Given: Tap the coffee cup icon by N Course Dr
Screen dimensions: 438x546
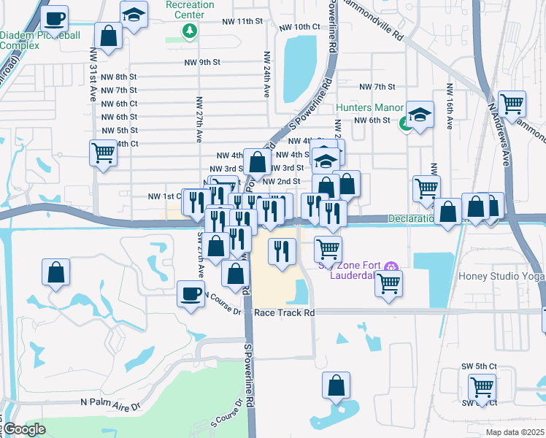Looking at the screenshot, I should [x=191, y=294].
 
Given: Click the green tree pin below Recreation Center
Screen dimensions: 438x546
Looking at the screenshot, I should [x=190, y=31].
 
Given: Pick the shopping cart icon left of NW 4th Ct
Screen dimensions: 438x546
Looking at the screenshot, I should [x=103, y=153].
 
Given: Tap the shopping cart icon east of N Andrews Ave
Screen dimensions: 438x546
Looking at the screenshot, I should [x=512, y=104].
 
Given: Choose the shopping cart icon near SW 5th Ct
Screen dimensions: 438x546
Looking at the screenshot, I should [x=482, y=386].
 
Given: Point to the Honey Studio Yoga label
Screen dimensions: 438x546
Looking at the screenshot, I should [x=501, y=276].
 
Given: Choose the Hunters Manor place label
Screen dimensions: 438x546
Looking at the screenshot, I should [x=369, y=108].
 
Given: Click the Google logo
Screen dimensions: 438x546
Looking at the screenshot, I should [x=24, y=429].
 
